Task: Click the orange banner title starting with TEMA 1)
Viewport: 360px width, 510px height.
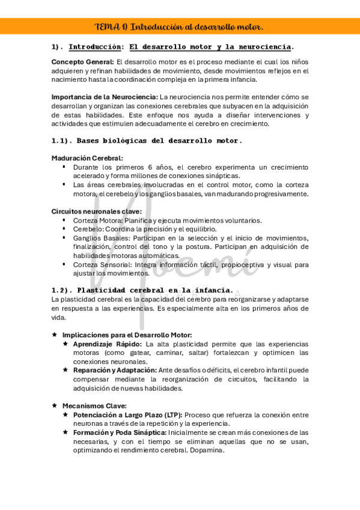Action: click(180, 27)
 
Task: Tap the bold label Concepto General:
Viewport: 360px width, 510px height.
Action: click(82, 62)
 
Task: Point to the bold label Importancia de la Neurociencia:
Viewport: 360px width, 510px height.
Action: click(105, 97)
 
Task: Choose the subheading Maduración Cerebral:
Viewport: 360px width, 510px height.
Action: click(87, 158)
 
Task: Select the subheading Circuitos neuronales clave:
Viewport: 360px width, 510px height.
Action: click(97, 212)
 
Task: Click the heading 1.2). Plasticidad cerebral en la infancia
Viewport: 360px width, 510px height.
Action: click(142, 290)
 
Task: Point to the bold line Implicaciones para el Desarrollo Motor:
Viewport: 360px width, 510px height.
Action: click(127, 335)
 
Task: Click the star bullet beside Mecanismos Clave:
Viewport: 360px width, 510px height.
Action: click(55, 406)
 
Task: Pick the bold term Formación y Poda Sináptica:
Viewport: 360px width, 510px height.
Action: click(120, 432)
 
